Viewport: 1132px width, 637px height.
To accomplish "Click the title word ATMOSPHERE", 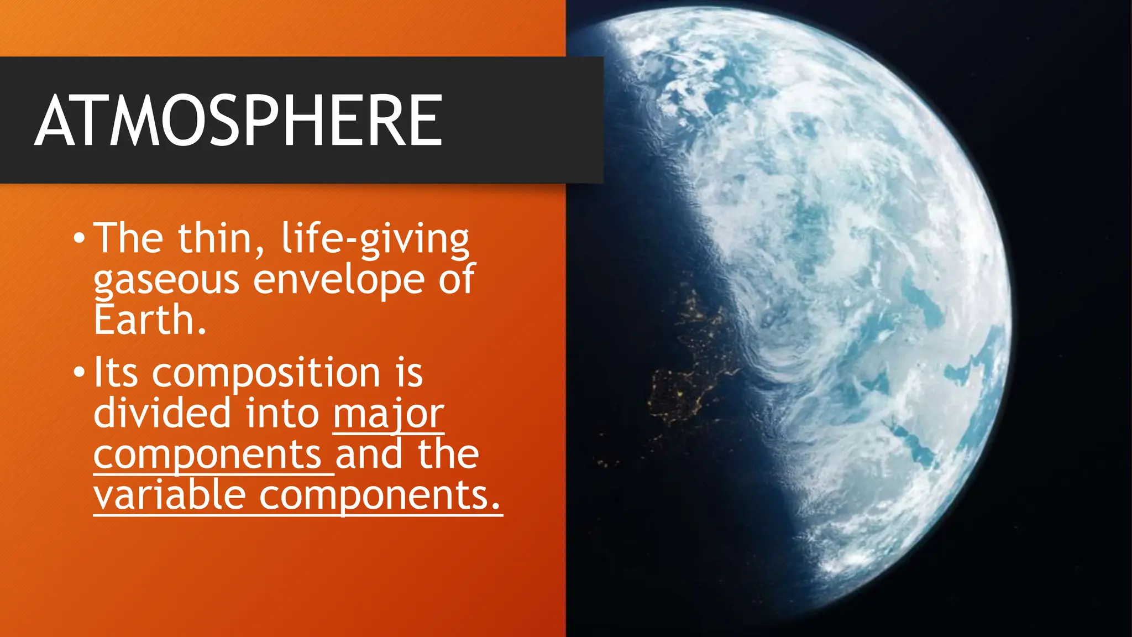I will pos(239,120).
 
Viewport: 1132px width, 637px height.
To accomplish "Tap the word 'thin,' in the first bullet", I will pos(221,239).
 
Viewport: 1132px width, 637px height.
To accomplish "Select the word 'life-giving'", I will pos(375,239).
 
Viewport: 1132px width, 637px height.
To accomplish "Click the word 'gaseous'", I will pos(166,280).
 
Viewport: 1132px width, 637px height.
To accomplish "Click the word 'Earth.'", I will pos(150,320).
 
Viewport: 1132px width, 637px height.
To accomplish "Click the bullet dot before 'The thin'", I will pos(79,239).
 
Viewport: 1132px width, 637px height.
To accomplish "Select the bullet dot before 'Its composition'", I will pos(79,373).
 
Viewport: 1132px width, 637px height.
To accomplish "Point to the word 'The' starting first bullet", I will pos(128,239).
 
